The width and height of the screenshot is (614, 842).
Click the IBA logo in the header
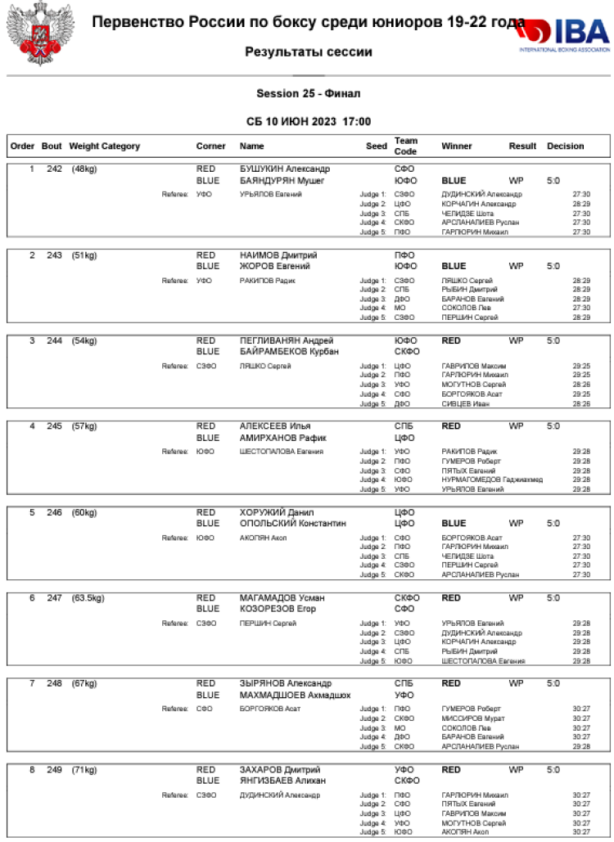(564, 34)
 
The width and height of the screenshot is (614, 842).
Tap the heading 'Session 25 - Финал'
(308, 94)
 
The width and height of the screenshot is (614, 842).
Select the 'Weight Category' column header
(105, 146)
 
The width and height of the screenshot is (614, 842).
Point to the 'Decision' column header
(566, 146)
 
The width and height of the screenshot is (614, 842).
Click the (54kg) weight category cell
(84, 340)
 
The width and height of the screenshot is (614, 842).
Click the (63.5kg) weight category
(88, 598)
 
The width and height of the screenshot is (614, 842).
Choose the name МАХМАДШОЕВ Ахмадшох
(295, 695)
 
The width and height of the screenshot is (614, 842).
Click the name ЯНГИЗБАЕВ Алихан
(282, 781)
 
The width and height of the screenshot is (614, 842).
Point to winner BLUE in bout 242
(454, 181)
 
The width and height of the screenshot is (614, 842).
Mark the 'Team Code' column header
(406, 146)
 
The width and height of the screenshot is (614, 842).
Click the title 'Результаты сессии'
(308, 52)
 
